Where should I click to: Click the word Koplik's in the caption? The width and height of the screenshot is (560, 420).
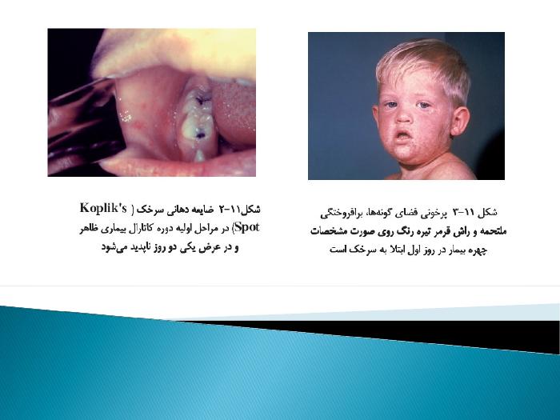pyautogui.click(x=103, y=208)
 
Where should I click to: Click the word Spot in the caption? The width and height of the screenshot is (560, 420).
pyautogui.click(x=247, y=227)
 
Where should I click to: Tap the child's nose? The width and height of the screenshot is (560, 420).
pyautogui.click(x=403, y=115)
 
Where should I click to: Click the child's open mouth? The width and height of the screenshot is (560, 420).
pyautogui.click(x=403, y=136)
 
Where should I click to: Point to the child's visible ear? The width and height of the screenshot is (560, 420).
pyautogui.click(x=461, y=122)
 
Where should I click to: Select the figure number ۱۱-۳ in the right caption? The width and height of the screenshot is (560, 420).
pyautogui.click(x=463, y=212)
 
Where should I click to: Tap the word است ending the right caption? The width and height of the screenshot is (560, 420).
pyautogui.click(x=338, y=250)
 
